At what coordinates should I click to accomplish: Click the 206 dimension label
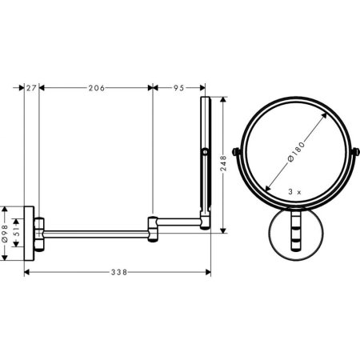[x=96, y=89]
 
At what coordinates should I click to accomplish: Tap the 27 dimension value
[x=31, y=89]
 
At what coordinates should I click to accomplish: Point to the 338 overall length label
[x=118, y=273]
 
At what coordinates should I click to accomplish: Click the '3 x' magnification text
[x=294, y=193]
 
